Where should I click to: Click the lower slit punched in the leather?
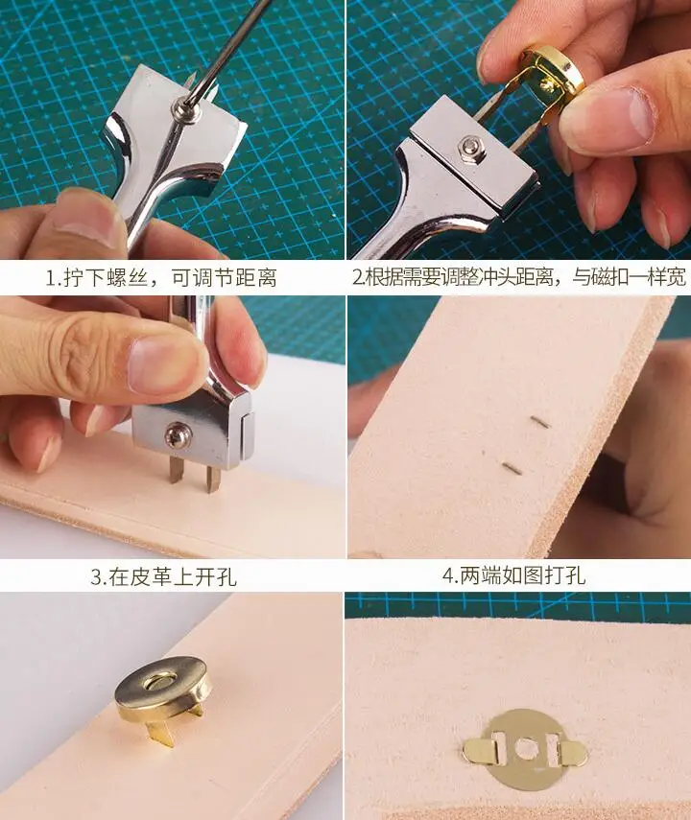coord(513,469)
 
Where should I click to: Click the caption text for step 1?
coord(161,278)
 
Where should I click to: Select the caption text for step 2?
coord(519,278)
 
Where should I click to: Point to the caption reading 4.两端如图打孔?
coord(513,576)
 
